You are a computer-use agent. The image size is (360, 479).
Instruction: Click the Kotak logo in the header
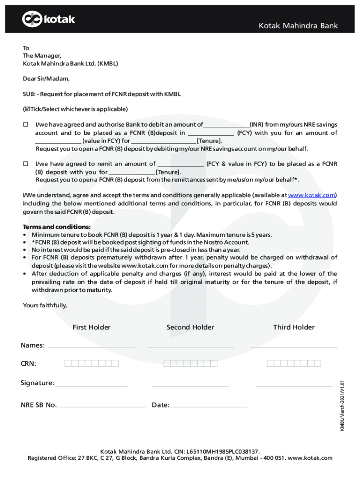click(x=49, y=19)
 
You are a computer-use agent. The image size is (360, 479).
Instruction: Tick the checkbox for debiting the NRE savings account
click(x=26, y=125)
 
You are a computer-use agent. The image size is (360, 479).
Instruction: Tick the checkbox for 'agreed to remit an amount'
click(x=26, y=164)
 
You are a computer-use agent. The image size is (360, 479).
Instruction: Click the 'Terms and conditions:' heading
click(x=57, y=227)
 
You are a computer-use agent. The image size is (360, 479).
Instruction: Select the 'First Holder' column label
click(x=91, y=327)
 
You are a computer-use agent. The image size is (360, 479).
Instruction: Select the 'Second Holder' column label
click(x=190, y=327)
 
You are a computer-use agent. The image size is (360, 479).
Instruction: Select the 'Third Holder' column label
click(x=294, y=327)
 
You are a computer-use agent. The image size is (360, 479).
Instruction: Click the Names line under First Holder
click(x=92, y=346)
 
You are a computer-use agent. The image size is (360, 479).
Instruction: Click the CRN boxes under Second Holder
click(x=191, y=363)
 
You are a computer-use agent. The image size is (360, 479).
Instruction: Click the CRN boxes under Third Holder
click(x=294, y=363)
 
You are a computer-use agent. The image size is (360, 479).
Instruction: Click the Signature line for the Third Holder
click(x=294, y=385)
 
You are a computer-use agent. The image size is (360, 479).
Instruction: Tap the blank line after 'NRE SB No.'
click(x=102, y=406)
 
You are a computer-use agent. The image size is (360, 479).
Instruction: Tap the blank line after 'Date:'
click(x=208, y=406)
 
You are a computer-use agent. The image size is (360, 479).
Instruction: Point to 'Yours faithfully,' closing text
click(x=45, y=305)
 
